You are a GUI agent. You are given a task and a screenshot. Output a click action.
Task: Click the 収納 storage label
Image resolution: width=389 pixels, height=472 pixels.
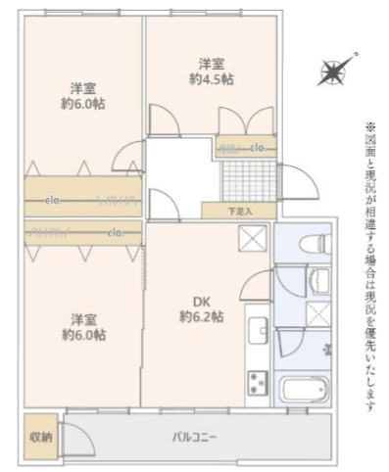[x=40, y=437]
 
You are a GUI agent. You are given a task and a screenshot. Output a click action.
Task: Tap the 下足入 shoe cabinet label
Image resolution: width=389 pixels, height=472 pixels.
[x=239, y=210]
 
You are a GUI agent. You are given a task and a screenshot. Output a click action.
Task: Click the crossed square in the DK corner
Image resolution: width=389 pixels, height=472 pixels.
[x=252, y=238]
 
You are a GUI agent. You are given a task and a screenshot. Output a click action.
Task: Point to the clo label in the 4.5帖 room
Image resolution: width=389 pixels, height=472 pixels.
[x=258, y=148]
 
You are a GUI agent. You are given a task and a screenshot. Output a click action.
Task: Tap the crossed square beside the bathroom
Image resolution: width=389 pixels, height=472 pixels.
[x=318, y=313]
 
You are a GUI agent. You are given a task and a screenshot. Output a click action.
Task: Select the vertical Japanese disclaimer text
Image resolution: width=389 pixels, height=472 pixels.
[x=370, y=264]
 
